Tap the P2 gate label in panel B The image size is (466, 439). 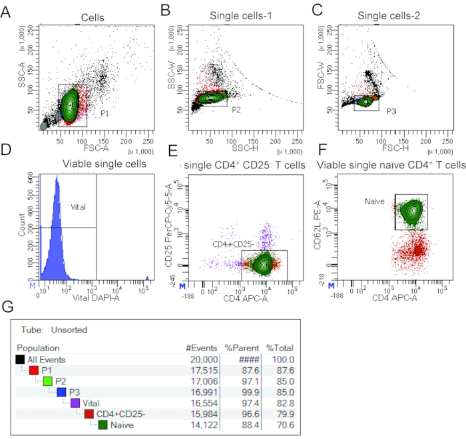(236, 109)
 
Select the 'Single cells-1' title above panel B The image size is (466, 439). (238, 15)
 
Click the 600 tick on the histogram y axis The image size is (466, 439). (28, 176)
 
